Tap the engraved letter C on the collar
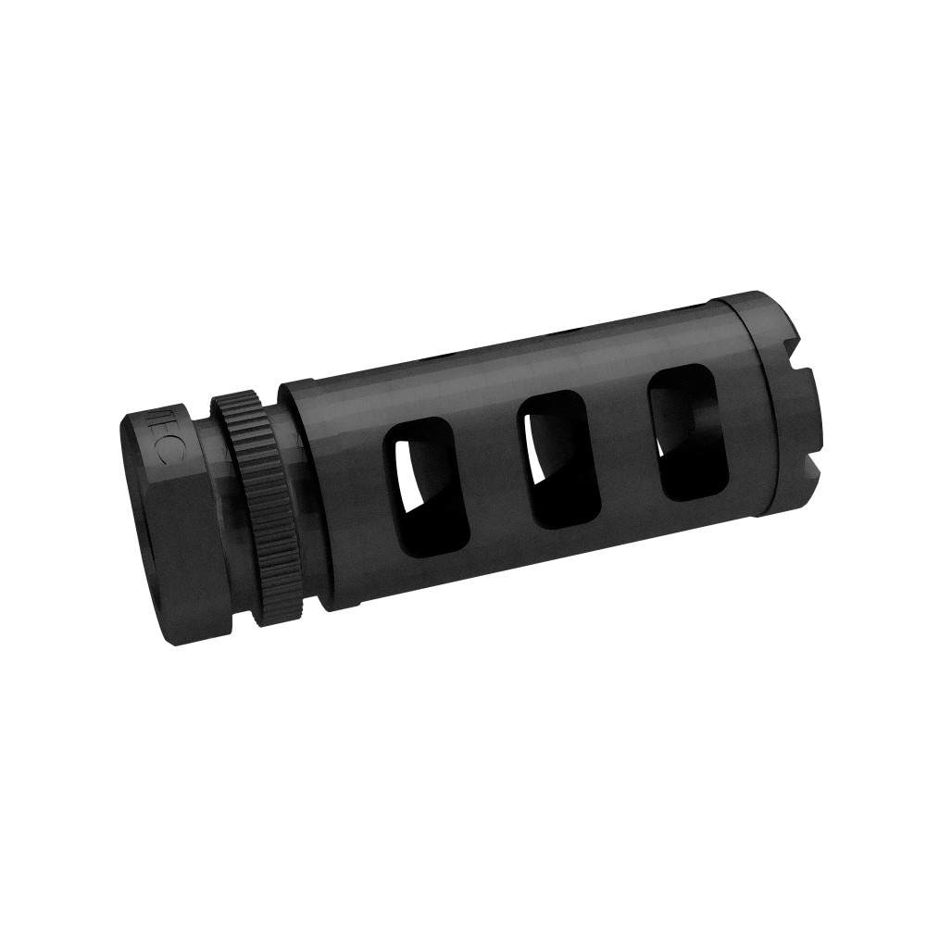click(160, 453)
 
